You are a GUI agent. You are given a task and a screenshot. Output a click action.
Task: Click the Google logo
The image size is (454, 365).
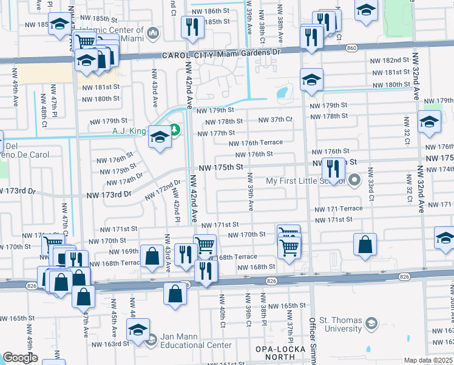click(x=20, y=358)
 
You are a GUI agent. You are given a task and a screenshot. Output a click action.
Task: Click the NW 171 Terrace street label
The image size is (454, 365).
click(x=338, y=209)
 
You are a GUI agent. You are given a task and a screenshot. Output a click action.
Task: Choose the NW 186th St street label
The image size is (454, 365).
click(x=212, y=11)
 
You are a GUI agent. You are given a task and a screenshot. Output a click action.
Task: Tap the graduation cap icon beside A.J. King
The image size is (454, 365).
click(x=160, y=137)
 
